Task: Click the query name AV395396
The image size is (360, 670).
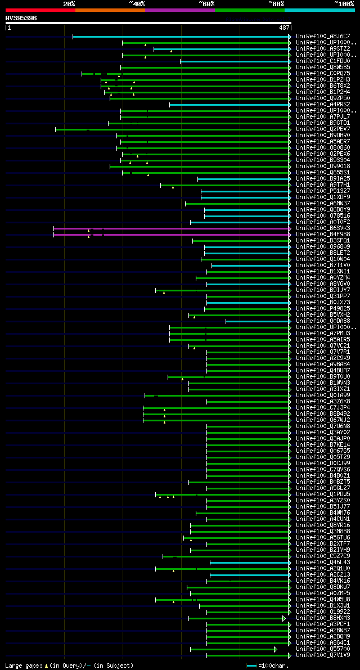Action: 21,18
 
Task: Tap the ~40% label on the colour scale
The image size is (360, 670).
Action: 137,4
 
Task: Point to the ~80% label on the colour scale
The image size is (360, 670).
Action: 276,4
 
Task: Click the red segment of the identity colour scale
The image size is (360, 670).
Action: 40,10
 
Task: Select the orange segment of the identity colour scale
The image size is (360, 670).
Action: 110,10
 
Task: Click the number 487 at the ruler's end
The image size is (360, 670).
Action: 284,27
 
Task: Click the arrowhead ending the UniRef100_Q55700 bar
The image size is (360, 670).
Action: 276,649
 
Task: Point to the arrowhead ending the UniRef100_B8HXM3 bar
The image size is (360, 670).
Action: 284,618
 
